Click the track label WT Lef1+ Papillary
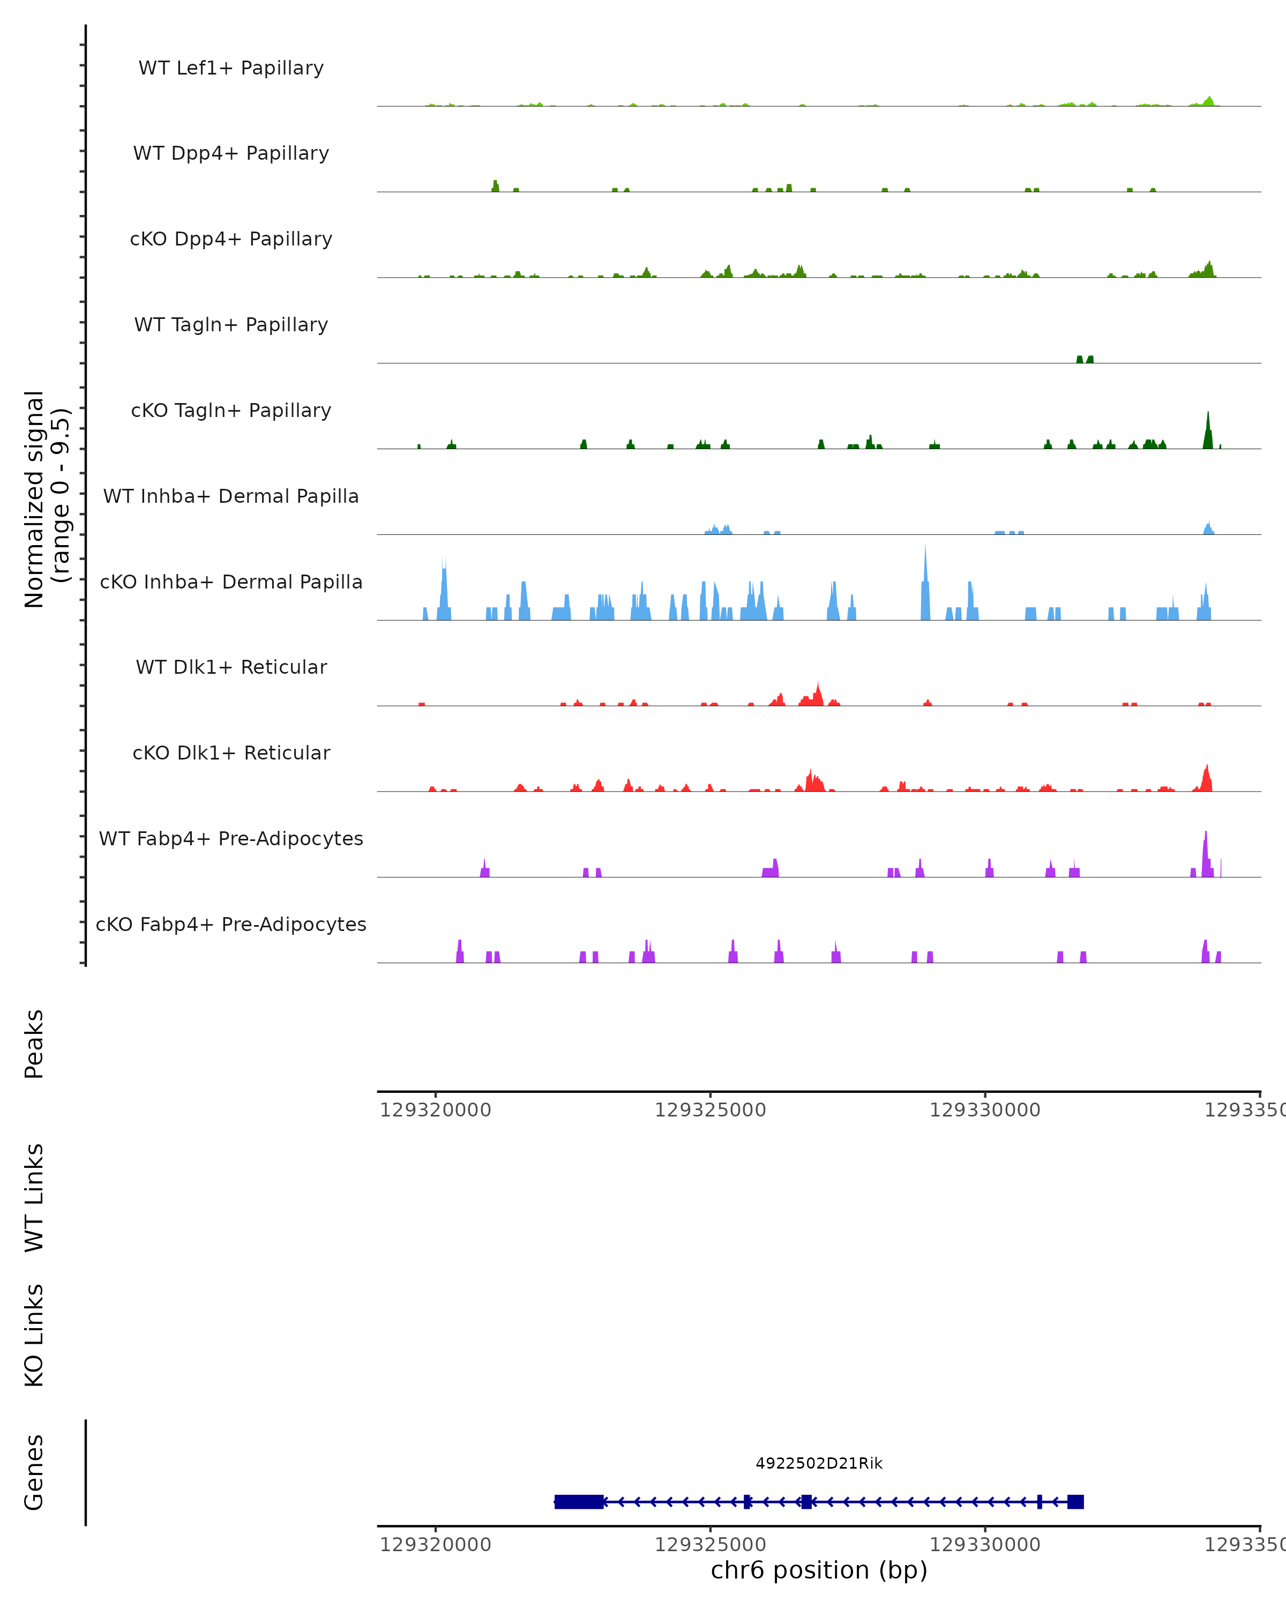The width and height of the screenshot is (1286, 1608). pyautogui.click(x=231, y=68)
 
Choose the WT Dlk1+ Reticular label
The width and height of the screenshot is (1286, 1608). pyautogui.click(x=231, y=667)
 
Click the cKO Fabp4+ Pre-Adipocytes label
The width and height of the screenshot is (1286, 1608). pyautogui.click(x=231, y=924)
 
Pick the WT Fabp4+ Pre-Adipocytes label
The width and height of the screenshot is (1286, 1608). pyautogui.click(x=231, y=838)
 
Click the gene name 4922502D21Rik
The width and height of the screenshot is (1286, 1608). pyautogui.click(x=819, y=1463)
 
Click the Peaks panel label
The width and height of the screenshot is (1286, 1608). pyautogui.click(x=34, y=1044)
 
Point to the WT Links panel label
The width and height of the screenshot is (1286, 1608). pyautogui.click(x=34, y=1197)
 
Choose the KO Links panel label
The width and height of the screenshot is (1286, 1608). pyautogui.click(x=34, y=1335)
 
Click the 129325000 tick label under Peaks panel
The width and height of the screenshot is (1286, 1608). pyautogui.click(x=710, y=1111)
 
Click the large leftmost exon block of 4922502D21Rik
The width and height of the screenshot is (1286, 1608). pyautogui.click(x=579, y=1502)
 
